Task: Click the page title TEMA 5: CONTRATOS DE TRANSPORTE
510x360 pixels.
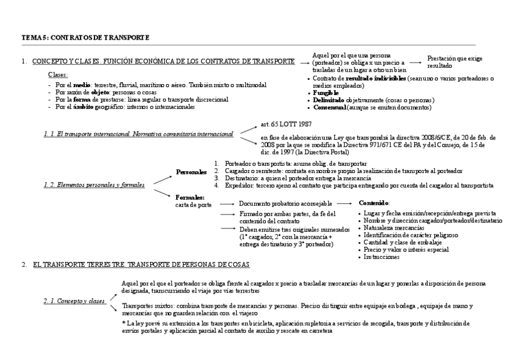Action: tap(85, 38)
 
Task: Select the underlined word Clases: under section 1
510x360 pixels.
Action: tap(58, 75)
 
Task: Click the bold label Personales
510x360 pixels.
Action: tap(191, 172)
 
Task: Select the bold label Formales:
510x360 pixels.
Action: tap(190, 197)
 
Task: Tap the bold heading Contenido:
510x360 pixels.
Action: tap(373, 203)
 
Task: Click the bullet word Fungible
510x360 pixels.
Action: tap(326, 93)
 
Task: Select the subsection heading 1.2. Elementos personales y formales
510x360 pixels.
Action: tap(94, 185)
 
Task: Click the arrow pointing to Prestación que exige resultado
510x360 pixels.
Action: tap(414, 61)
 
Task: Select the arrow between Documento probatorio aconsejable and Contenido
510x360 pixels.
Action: tap(343, 203)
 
